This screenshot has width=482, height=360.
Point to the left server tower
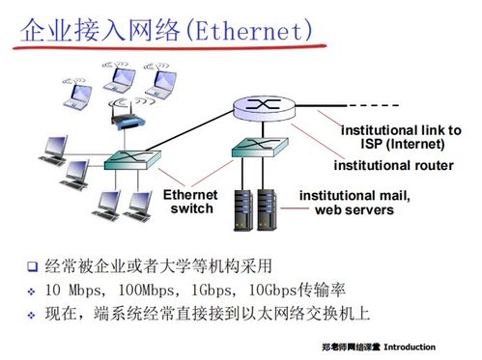point(242,208)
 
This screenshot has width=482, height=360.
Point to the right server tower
point(268,208)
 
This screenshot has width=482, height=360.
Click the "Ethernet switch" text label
point(191,202)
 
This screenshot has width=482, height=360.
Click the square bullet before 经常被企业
point(32,266)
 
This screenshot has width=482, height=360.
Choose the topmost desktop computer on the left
point(53,147)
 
